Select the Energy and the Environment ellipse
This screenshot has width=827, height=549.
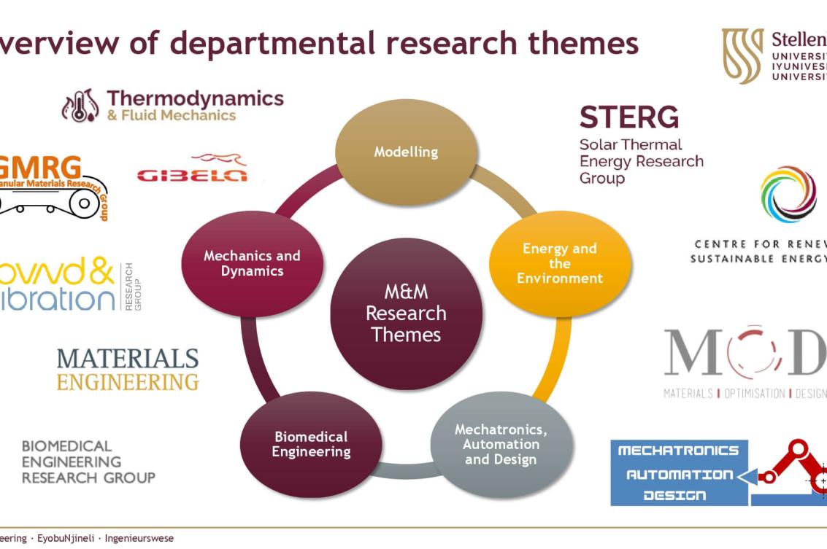pyautogui.click(x=560, y=263)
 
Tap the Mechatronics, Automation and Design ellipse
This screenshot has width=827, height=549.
pyautogui.click(x=501, y=444)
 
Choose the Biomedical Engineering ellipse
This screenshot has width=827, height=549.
pyautogui.click(x=311, y=444)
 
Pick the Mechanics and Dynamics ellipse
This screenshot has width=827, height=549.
pyautogui.click(x=252, y=263)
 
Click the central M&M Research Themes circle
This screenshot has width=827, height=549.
pyautogui.click(x=406, y=314)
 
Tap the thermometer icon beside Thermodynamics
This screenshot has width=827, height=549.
pyautogui.click(x=80, y=106)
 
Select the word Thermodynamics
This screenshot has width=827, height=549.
pyautogui.click(x=195, y=98)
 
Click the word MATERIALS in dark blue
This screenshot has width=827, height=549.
pyautogui.click(x=128, y=358)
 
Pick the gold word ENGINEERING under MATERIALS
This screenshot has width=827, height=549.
pyautogui.click(x=128, y=381)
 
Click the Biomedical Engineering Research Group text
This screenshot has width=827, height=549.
pyautogui.click(x=88, y=462)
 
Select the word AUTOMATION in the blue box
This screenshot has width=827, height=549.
pyautogui.click(x=679, y=474)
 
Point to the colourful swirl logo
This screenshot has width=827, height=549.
pyautogui.click(x=788, y=195)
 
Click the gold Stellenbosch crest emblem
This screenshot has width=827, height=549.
pyautogui.click(x=742, y=55)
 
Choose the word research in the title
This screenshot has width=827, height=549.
pyautogui.click(x=444, y=43)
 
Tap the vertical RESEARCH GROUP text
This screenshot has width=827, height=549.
pyautogui.click(x=134, y=287)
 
